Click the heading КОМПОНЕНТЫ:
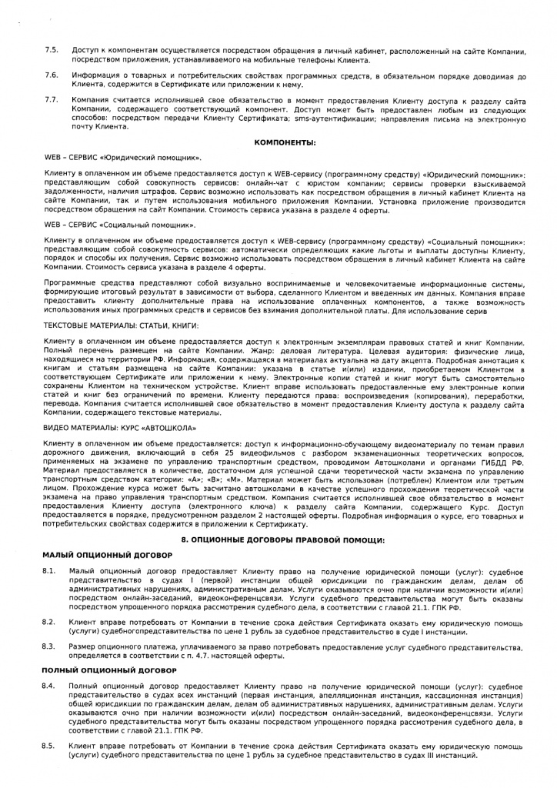coord(285,142)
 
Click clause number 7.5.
coord(52,50)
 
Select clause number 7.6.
coord(52,75)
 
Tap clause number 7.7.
coord(52,100)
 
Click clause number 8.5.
coord(48,746)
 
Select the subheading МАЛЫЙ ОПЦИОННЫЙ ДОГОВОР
coord(107,554)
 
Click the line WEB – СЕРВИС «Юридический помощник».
coord(123,156)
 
